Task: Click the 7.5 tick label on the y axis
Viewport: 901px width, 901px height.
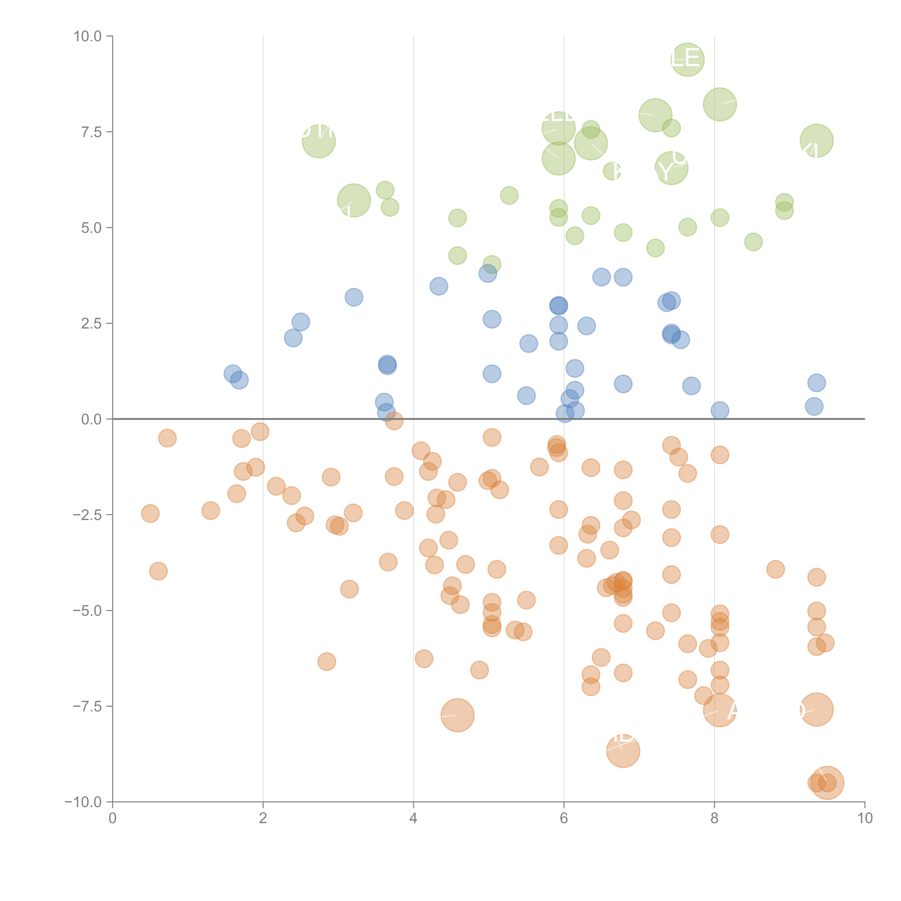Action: (x=91, y=132)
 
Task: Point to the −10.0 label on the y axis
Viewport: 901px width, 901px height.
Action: (x=83, y=802)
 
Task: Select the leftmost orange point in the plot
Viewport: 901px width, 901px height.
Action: (x=150, y=513)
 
